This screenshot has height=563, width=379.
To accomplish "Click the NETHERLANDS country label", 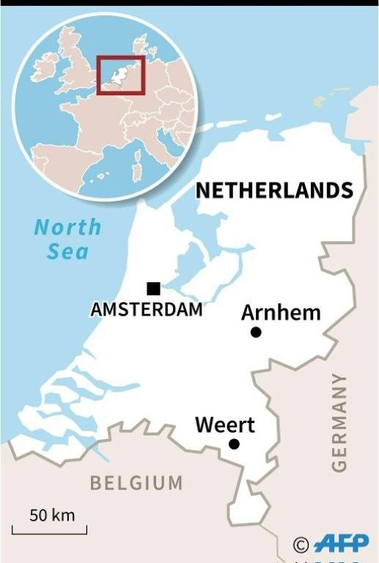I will (x=274, y=191).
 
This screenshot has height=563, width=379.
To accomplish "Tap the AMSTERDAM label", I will (x=147, y=309).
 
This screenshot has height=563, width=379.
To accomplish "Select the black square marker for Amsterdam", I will (x=153, y=288).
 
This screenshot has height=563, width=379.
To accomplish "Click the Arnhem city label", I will (x=281, y=313).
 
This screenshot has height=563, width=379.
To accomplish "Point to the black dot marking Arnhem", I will (x=256, y=332).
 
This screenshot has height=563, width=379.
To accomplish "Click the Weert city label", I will (x=224, y=424).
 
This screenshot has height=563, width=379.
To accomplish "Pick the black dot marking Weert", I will (x=234, y=444).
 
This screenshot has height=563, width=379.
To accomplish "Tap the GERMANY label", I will (x=338, y=422).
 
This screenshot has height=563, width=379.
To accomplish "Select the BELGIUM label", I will (x=136, y=482).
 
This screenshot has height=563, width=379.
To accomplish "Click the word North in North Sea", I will (x=68, y=227).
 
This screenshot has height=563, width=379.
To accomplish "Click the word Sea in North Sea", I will (x=68, y=252).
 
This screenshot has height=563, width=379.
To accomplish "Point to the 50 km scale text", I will (x=52, y=515).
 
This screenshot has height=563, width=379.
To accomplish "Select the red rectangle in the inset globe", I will (x=121, y=75).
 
